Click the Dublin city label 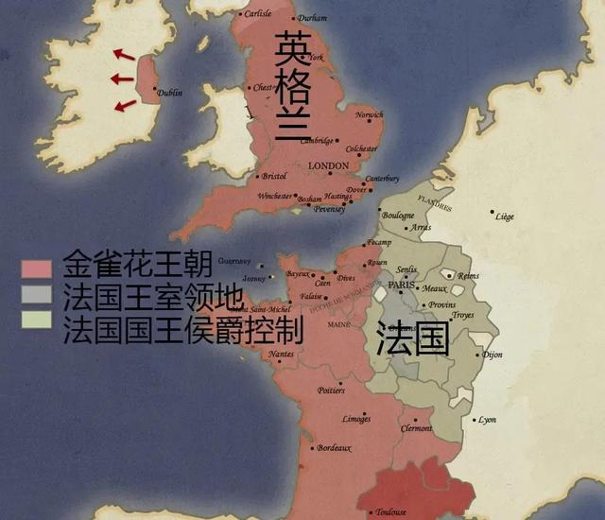point(170,93)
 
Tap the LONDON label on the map point(329,165)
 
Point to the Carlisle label point(257,14)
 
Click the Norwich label point(370,115)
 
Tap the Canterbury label point(382,179)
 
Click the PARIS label point(402,285)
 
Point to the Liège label point(505,217)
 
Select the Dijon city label point(493,355)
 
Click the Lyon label point(487,419)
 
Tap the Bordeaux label point(334,447)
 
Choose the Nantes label point(281,354)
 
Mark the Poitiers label point(331,390)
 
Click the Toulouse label point(390,511)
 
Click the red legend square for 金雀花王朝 point(36,268)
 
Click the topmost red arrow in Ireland point(123,55)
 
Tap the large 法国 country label point(412,339)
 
